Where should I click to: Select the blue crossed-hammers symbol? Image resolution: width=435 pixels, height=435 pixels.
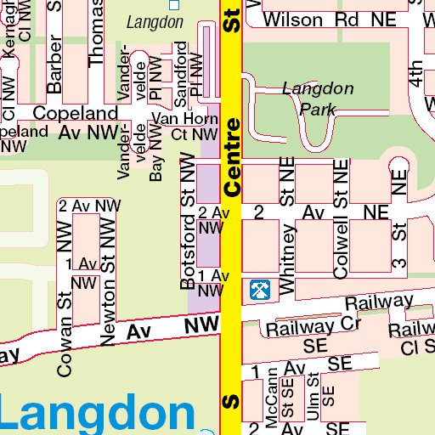(x=259, y=291)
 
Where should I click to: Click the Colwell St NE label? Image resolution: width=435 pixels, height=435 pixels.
(x=342, y=219)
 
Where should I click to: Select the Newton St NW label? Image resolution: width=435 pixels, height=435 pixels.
(x=108, y=280)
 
